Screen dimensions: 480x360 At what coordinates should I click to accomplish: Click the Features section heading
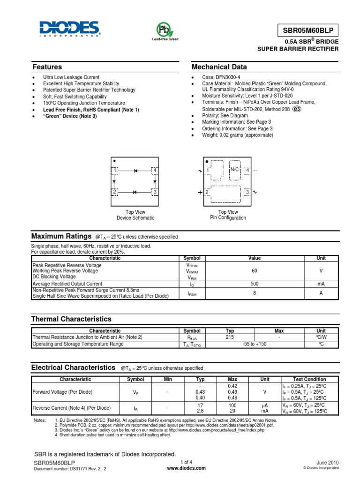click(x=47, y=67)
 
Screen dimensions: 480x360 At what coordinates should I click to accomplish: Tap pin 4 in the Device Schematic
click(x=154, y=170)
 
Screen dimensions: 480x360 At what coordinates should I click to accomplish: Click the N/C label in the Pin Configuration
click(x=234, y=170)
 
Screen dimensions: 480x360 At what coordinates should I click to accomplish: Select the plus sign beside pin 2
click(x=200, y=193)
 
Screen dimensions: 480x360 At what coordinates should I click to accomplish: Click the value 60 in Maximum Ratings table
click(x=255, y=271)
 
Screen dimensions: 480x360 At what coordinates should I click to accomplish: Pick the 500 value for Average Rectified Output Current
click(x=255, y=284)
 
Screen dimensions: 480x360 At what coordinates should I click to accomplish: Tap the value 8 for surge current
click(x=255, y=293)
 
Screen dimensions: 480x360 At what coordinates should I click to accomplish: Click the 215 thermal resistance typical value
click(x=230, y=337)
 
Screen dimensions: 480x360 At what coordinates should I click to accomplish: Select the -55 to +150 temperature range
click(x=255, y=344)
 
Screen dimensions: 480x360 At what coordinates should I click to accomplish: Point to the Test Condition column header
click(x=309, y=379)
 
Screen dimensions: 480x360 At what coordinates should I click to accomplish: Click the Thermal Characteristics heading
click(x=71, y=319)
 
